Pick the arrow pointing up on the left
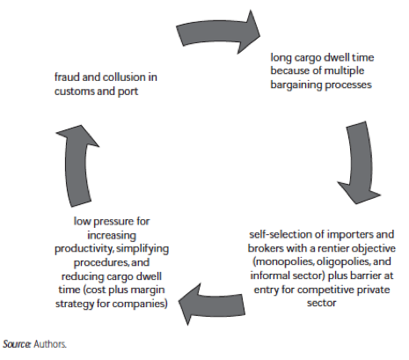pyautogui.click(x=77, y=165)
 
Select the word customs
pyautogui.click(x=74, y=92)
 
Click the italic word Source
pyautogui.click(x=17, y=344)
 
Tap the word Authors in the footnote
pyautogui.click(x=50, y=344)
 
